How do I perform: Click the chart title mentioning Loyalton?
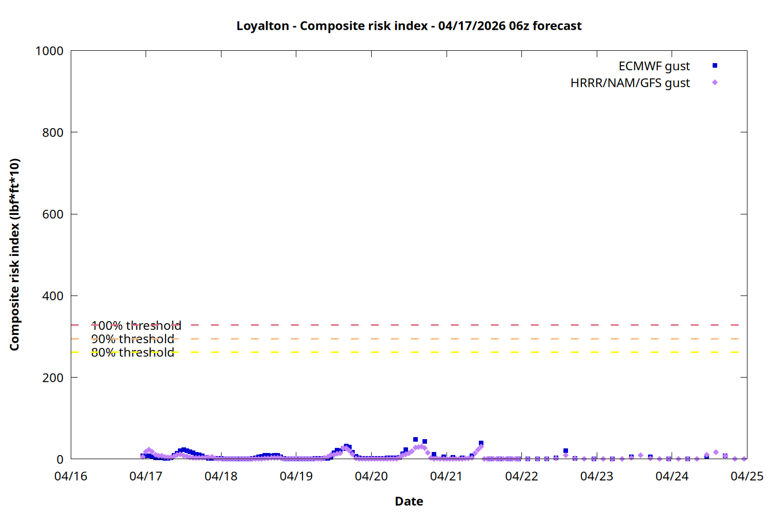pyautogui.click(x=409, y=26)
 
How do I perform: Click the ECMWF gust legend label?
pyautogui.click(x=654, y=66)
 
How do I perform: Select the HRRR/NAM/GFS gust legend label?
pyautogui.click(x=630, y=83)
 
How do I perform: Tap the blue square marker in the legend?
pyautogui.click(x=715, y=66)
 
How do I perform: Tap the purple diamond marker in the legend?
pyautogui.click(x=715, y=83)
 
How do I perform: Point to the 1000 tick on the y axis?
pyautogui.click(x=49, y=51)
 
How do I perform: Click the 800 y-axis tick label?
pyautogui.click(x=53, y=132)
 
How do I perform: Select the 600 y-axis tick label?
pyautogui.click(x=53, y=214)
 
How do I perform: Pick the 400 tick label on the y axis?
pyautogui.click(x=53, y=296)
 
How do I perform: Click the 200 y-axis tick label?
pyautogui.click(x=53, y=378)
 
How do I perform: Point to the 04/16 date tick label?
pyautogui.click(x=71, y=476)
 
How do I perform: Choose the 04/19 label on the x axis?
pyautogui.click(x=296, y=476)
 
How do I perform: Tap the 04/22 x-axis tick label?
pyautogui.click(x=521, y=476)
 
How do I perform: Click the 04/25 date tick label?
pyautogui.click(x=746, y=476)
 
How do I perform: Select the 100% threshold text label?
pyautogui.click(x=136, y=326)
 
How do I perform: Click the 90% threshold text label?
pyautogui.click(x=132, y=339)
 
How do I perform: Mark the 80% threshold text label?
pyautogui.click(x=132, y=352)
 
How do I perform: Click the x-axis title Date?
pyautogui.click(x=409, y=501)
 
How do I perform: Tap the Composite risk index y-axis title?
pyautogui.click(x=14, y=254)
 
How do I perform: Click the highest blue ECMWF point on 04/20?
pyautogui.click(x=415, y=440)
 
